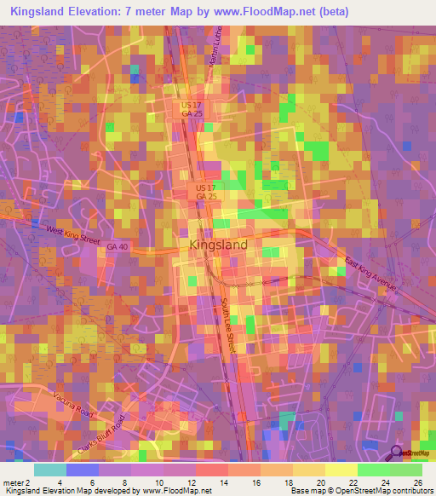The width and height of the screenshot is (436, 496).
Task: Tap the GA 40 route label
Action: pyautogui.click(x=119, y=247)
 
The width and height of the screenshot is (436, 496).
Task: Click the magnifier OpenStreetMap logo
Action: pyautogui.click(x=397, y=453)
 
